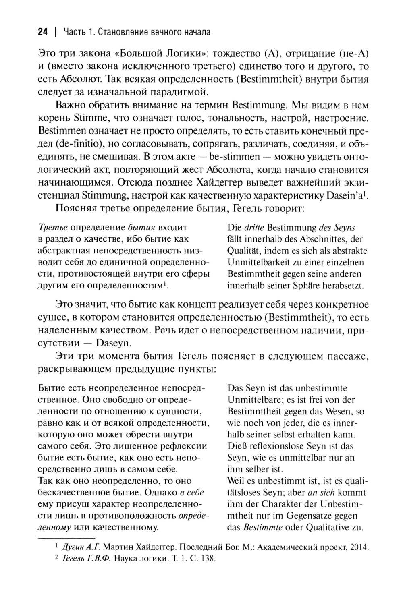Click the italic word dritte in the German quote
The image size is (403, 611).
[x=254, y=228]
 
